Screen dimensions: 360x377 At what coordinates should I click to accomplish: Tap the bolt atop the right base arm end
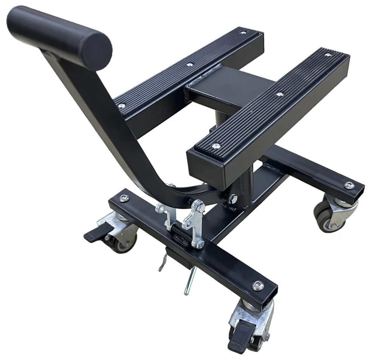coord(349,185)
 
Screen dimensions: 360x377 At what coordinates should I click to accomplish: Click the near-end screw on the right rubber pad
coord(216,145)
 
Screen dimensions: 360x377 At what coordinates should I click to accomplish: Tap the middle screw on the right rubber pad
coord(279,94)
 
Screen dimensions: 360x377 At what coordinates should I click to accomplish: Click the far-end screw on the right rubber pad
coord(328,55)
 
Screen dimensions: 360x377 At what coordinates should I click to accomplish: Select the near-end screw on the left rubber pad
coord(122,106)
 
